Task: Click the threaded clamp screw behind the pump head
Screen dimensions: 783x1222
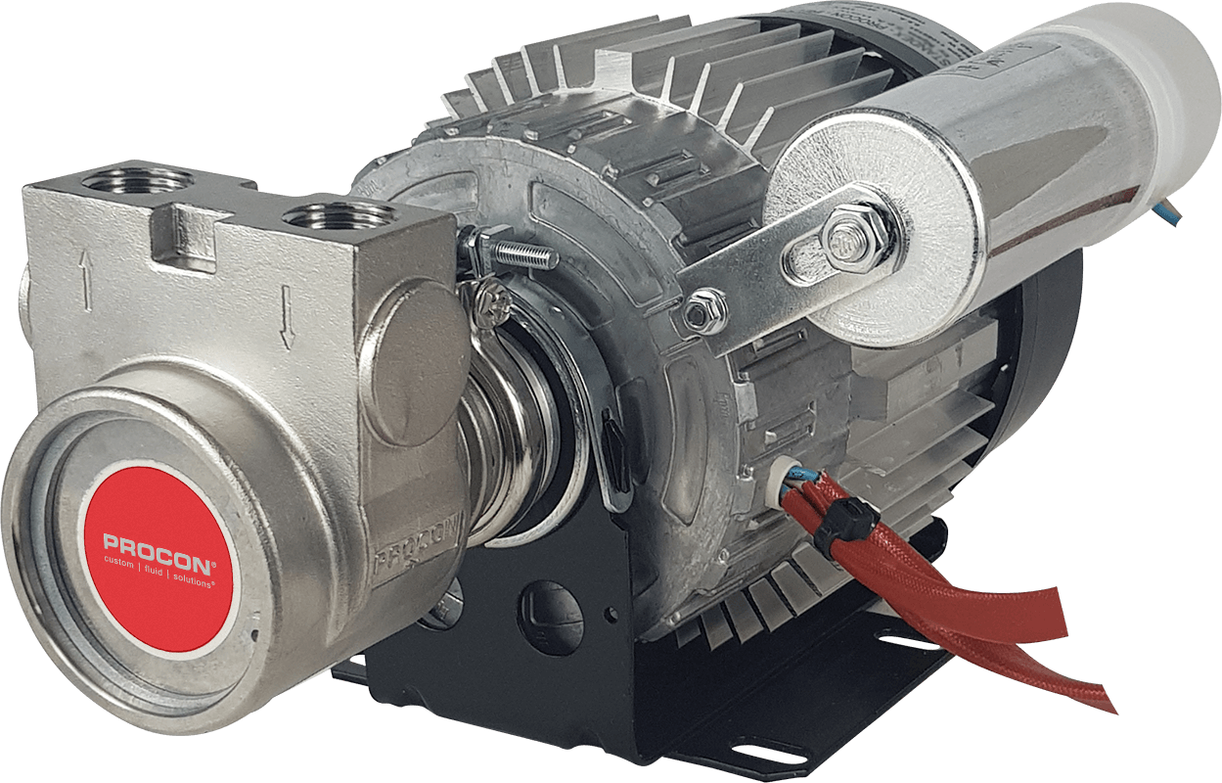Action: click(x=520, y=256)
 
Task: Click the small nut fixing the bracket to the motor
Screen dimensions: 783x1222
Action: click(x=694, y=314)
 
